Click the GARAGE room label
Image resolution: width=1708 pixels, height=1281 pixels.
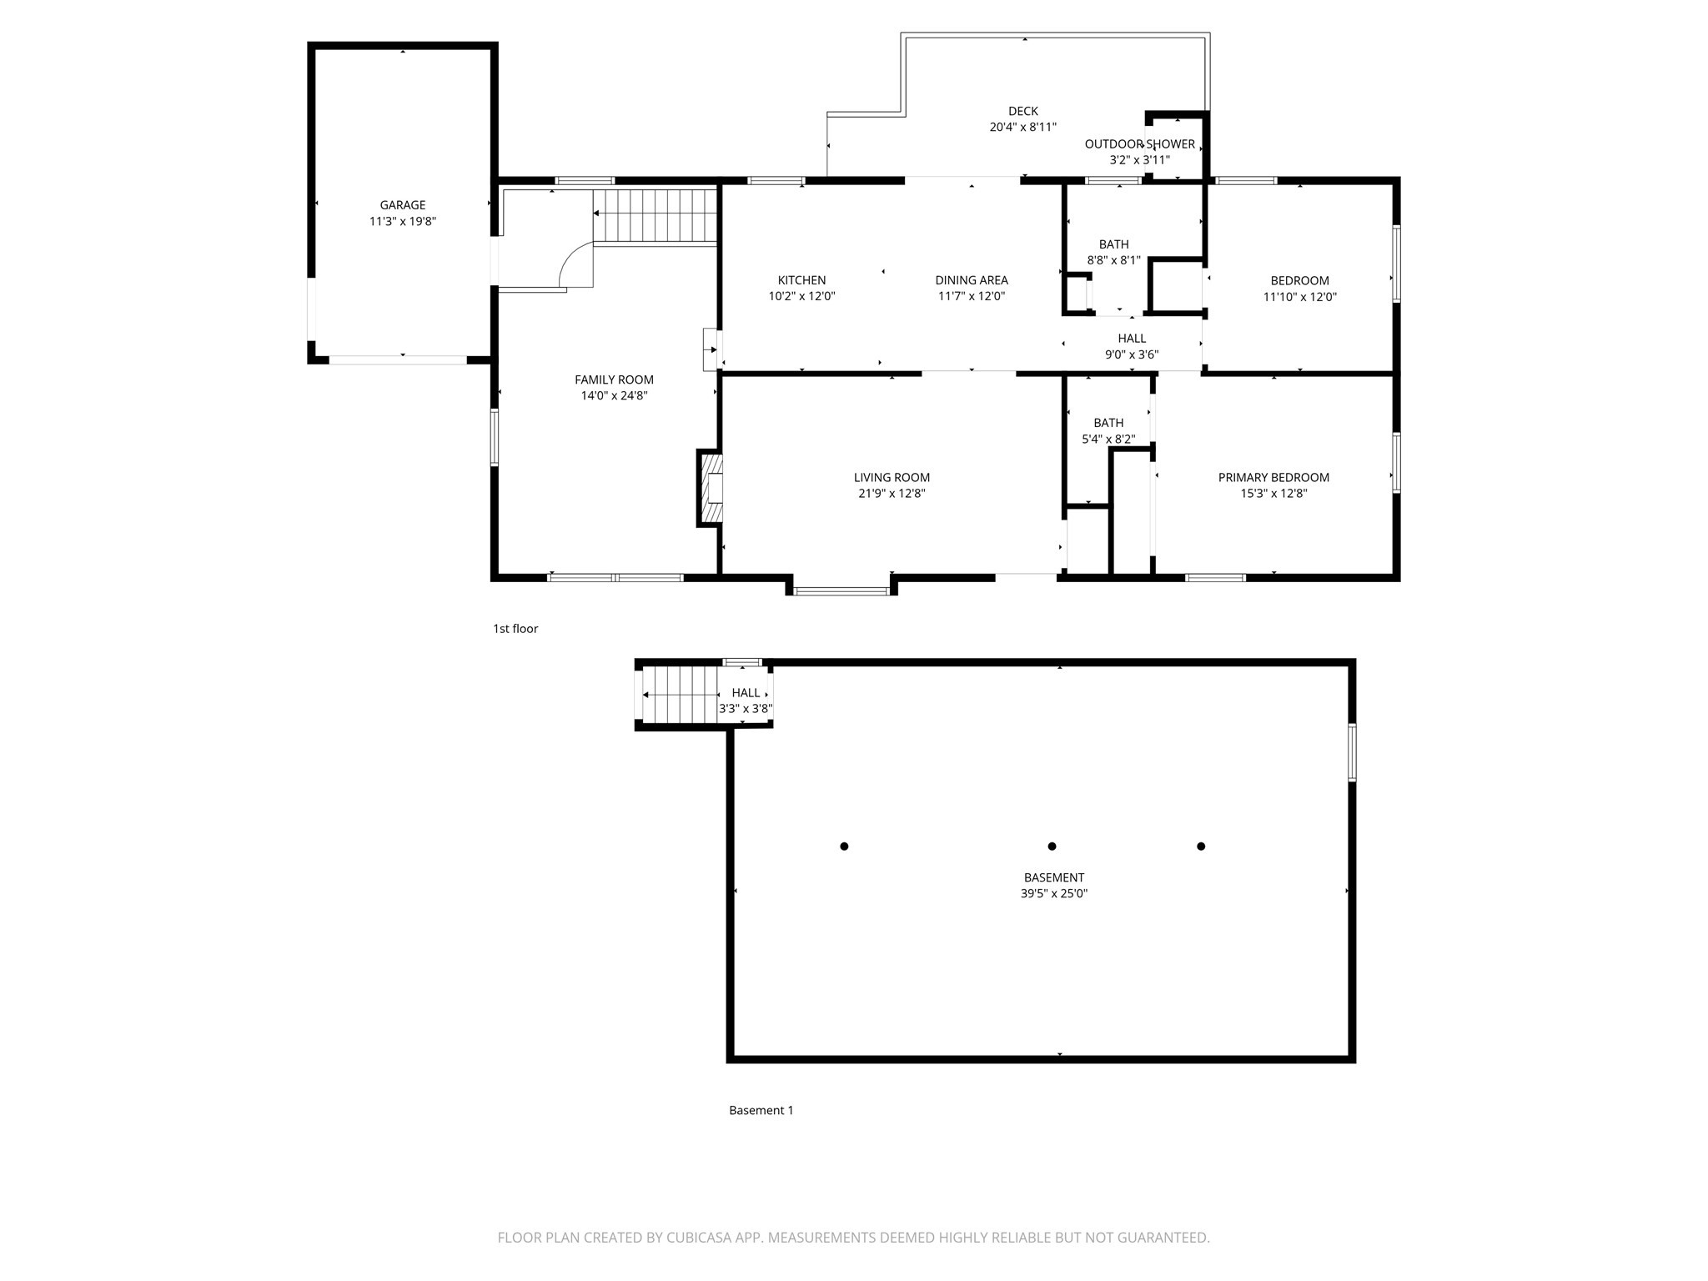[402, 205]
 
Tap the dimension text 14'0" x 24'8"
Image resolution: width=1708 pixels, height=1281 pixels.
[614, 396]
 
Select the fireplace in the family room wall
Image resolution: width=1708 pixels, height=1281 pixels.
[710, 488]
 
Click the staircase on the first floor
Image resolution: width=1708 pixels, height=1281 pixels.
[656, 216]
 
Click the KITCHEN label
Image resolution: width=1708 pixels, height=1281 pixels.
[801, 280]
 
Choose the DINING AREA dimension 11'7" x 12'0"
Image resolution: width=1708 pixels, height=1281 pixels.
[971, 296]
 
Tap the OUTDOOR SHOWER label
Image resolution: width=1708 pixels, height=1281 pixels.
[1139, 144]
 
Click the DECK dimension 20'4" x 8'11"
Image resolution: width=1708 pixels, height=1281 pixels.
[1022, 128]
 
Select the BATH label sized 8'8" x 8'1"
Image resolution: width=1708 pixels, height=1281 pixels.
[1113, 244]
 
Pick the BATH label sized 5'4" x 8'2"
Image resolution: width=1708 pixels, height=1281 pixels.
[1108, 423]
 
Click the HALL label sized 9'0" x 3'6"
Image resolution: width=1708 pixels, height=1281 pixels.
[1132, 339]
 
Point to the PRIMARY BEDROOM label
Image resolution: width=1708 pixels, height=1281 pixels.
[1273, 478]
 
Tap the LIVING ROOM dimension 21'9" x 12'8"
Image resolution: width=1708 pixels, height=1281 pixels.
[892, 494]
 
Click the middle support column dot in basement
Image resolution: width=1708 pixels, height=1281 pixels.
[1052, 846]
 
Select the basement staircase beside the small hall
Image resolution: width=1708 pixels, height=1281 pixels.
[680, 695]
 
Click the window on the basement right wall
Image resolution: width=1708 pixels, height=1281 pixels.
[1352, 752]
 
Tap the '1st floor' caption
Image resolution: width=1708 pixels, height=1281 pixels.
[515, 629]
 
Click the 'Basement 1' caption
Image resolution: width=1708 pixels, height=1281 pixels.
[761, 1110]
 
